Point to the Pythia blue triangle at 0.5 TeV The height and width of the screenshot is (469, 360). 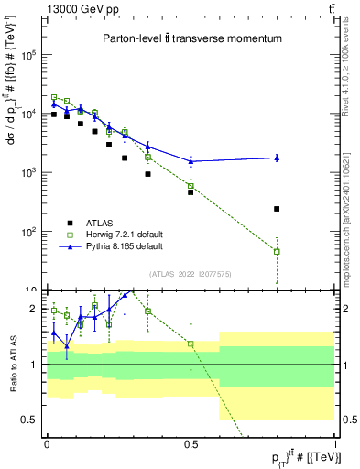[191, 160]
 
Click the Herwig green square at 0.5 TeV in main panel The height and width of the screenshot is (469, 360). [191, 186]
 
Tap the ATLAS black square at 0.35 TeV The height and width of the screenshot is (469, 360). [147, 174]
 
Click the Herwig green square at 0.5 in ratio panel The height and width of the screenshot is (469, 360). [191, 344]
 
